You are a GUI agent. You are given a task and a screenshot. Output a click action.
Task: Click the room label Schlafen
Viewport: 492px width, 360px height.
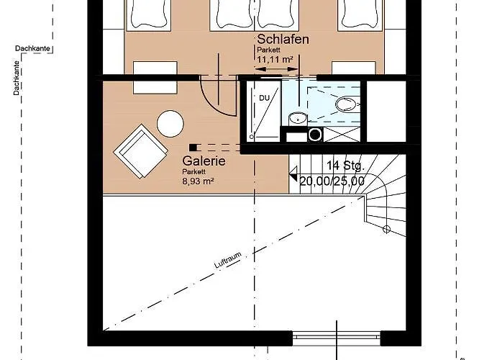coord(283,40)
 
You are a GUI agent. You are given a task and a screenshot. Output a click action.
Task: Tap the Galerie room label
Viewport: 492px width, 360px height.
coord(204,161)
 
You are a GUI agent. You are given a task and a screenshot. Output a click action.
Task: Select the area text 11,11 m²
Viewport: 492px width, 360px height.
coord(275,59)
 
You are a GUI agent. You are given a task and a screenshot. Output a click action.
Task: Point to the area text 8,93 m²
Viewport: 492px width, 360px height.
coord(198,181)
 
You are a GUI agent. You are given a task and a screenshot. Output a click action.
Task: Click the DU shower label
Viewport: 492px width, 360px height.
coord(264,98)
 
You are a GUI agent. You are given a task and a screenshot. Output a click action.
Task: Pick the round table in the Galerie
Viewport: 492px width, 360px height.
coord(170,123)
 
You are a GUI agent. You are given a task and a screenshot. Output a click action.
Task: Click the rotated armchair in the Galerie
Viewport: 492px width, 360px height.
coord(140,151)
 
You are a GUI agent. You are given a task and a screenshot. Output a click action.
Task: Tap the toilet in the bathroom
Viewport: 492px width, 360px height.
coord(347,104)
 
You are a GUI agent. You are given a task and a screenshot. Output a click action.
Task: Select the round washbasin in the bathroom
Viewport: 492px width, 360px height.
coord(298,118)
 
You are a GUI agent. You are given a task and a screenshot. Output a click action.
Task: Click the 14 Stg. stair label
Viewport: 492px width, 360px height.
coord(345,166)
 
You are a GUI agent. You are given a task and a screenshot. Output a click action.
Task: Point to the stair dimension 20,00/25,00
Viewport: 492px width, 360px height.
coord(332,181)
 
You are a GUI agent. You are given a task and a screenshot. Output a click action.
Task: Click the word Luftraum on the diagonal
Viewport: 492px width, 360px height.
coord(228,260)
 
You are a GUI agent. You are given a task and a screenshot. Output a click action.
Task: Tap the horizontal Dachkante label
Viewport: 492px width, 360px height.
coord(32,48)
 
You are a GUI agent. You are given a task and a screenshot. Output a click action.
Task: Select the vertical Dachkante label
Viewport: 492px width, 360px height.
coord(17,78)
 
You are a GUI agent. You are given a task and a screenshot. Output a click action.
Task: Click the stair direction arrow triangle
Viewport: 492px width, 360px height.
coord(293,174)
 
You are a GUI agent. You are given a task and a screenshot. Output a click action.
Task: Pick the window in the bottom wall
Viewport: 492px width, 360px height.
coord(337,338)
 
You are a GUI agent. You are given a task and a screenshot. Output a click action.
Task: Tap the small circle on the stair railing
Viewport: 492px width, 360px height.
coord(386,229)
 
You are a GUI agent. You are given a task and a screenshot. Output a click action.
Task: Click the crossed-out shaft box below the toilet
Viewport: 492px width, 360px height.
coord(342,134)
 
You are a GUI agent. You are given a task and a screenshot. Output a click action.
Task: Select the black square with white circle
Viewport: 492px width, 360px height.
coord(315,135)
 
